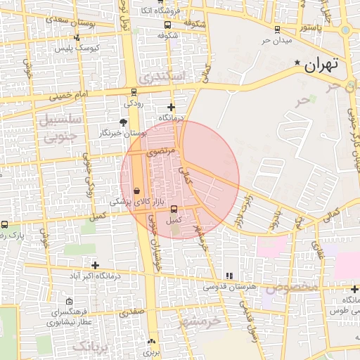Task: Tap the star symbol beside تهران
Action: click(x=297, y=63)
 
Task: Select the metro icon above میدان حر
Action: click(x=277, y=30)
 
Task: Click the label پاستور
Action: click(x=309, y=27)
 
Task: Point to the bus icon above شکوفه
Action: click(x=162, y=24)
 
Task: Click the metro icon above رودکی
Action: click(x=134, y=91)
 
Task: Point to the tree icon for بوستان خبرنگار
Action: click(x=124, y=122)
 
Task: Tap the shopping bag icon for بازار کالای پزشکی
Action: click(x=136, y=190)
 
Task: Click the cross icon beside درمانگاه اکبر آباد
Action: click(x=95, y=265)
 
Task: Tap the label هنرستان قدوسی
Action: click(x=232, y=287)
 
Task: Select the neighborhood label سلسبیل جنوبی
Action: click(x=59, y=128)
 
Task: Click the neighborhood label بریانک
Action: click(x=92, y=347)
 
